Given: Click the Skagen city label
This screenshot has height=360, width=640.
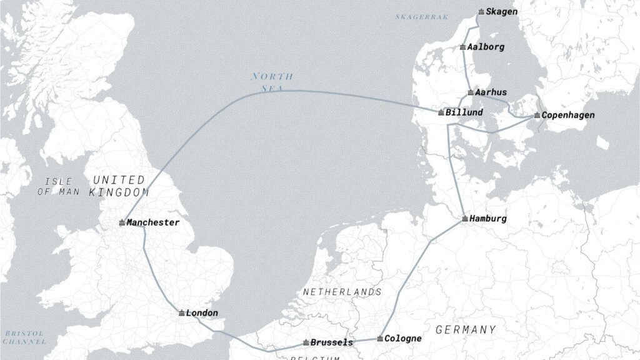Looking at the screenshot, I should tap(501, 12).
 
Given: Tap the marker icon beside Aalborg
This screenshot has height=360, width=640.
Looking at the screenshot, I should tap(462, 47).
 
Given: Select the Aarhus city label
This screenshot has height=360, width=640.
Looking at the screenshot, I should tap(491, 92).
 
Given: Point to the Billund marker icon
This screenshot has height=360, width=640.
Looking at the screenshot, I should tap(441, 112).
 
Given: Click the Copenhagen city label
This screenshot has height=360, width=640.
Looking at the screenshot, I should tap(567, 115).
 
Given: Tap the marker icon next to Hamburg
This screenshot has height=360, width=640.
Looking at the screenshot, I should tap(465, 219).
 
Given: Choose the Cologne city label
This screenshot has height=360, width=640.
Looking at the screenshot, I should tap(402, 338).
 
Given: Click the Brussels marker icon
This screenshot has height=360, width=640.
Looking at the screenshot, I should tap(306, 342).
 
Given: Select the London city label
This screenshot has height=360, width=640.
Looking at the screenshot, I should tap(202, 312).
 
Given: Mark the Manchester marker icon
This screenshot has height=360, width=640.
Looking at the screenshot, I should tap(122, 222).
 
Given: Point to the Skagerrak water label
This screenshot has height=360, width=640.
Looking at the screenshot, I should tap(422, 17).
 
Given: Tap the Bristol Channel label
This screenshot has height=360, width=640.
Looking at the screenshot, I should tap(23, 337).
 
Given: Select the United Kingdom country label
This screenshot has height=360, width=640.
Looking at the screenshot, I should tap(119, 186).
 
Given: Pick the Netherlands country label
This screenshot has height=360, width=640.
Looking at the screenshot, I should tap(342, 292).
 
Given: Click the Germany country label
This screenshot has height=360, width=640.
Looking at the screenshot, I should tap(466, 329).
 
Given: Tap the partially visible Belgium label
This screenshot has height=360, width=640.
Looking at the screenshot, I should tap(315, 357).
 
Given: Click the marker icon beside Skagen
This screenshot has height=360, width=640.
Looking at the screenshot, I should tap(481, 12).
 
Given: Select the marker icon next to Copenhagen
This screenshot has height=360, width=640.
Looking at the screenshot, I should tap(537, 116).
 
